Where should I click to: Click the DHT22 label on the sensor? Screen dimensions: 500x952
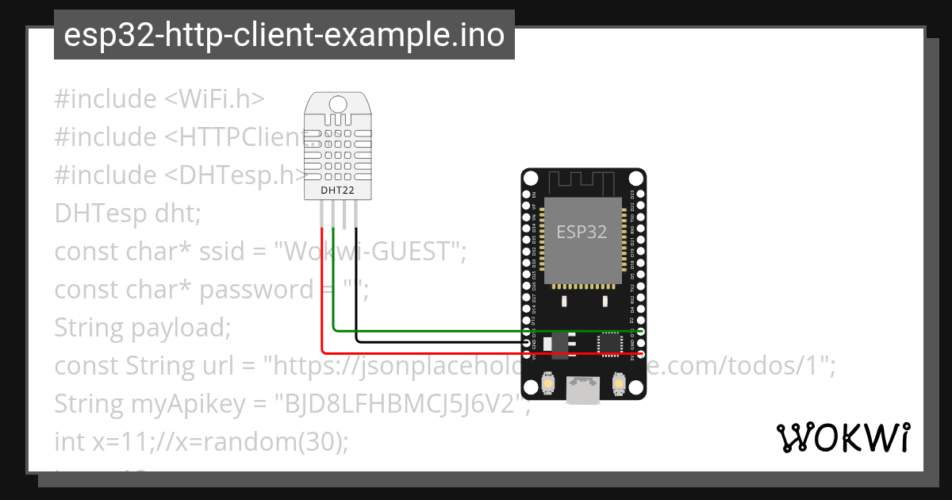337,190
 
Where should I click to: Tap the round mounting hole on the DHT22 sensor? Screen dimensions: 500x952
338,103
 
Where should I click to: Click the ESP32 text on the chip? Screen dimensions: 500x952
582,232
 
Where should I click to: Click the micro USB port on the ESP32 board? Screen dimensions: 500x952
583,390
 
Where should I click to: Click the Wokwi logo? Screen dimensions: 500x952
843,437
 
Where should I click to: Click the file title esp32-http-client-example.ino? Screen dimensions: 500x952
284,36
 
